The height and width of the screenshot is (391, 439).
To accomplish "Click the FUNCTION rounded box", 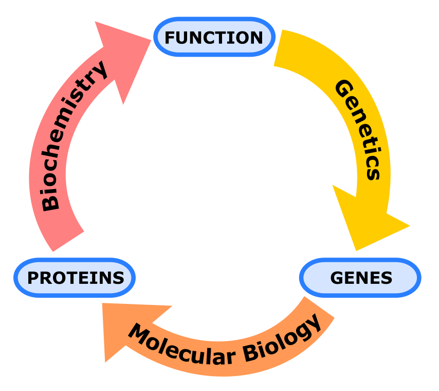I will click(x=214, y=37).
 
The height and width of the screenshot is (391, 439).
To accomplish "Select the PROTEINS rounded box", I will click(x=75, y=278).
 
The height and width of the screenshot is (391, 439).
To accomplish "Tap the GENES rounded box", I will click(x=360, y=278).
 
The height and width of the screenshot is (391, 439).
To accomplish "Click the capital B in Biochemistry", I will click(x=50, y=201).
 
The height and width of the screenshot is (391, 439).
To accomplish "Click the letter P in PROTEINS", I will click(x=33, y=278).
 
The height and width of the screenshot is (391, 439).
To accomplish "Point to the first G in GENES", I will click(x=336, y=278).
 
